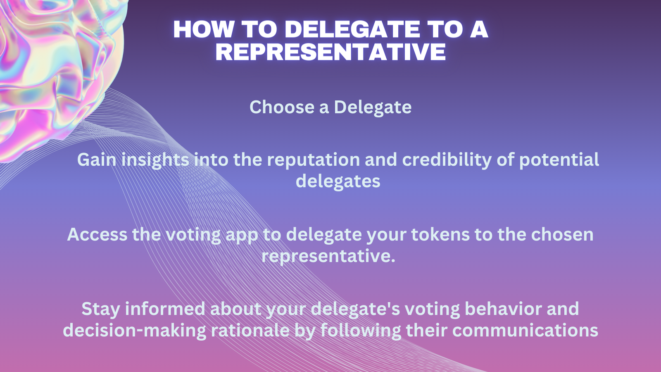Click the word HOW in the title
pos(204,29)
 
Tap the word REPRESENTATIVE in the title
pos(330,52)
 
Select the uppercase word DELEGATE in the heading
pos(352,29)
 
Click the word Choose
pos(282,107)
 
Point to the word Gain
pos(97,160)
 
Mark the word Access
pos(97,234)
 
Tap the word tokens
pos(440,234)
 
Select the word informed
pos(165,309)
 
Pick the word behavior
pos(503,309)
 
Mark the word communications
pos(525,330)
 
